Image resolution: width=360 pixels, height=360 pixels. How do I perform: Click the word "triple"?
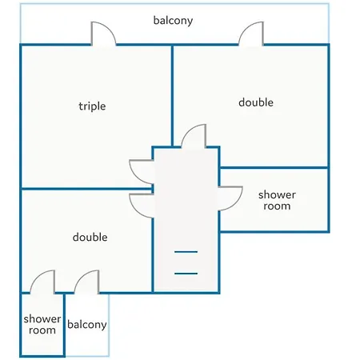tap(92, 106)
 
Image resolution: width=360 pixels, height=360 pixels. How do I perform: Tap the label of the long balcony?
tap(173, 21)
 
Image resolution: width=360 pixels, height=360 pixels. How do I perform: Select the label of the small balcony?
tap(87, 325)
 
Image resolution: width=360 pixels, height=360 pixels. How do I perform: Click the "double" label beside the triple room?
tap(256, 102)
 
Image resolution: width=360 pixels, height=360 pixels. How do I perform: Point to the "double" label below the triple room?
tap(90, 237)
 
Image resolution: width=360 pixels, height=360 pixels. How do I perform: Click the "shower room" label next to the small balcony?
tap(42, 325)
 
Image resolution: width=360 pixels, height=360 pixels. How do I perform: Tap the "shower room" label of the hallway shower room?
tap(277, 200)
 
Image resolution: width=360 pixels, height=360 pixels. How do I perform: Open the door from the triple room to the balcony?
tap(103, 34)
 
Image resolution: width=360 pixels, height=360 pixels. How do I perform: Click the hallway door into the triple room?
tap(142, 172)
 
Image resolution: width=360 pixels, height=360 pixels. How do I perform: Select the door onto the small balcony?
tap(87, 282)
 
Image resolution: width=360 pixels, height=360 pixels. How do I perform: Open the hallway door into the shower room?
tap(230, 198)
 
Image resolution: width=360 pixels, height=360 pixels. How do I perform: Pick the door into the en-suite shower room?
tap(42, 282)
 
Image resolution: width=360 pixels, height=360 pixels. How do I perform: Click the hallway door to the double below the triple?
tap(142, 206)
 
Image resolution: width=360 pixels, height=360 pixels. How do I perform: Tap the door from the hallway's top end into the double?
tap(194, 136)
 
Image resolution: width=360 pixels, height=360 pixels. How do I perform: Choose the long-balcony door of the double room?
tap(251, 34)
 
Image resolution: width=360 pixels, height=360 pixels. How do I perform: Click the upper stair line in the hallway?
tap(186, 252)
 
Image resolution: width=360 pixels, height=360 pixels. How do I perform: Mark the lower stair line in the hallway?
tap(186, 274)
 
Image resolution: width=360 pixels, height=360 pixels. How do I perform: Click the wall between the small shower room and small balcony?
tap(64, 325)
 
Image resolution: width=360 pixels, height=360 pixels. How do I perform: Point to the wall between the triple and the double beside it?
tap(172, 96)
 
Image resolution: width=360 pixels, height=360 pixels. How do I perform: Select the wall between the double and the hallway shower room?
tap(274, 168)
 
